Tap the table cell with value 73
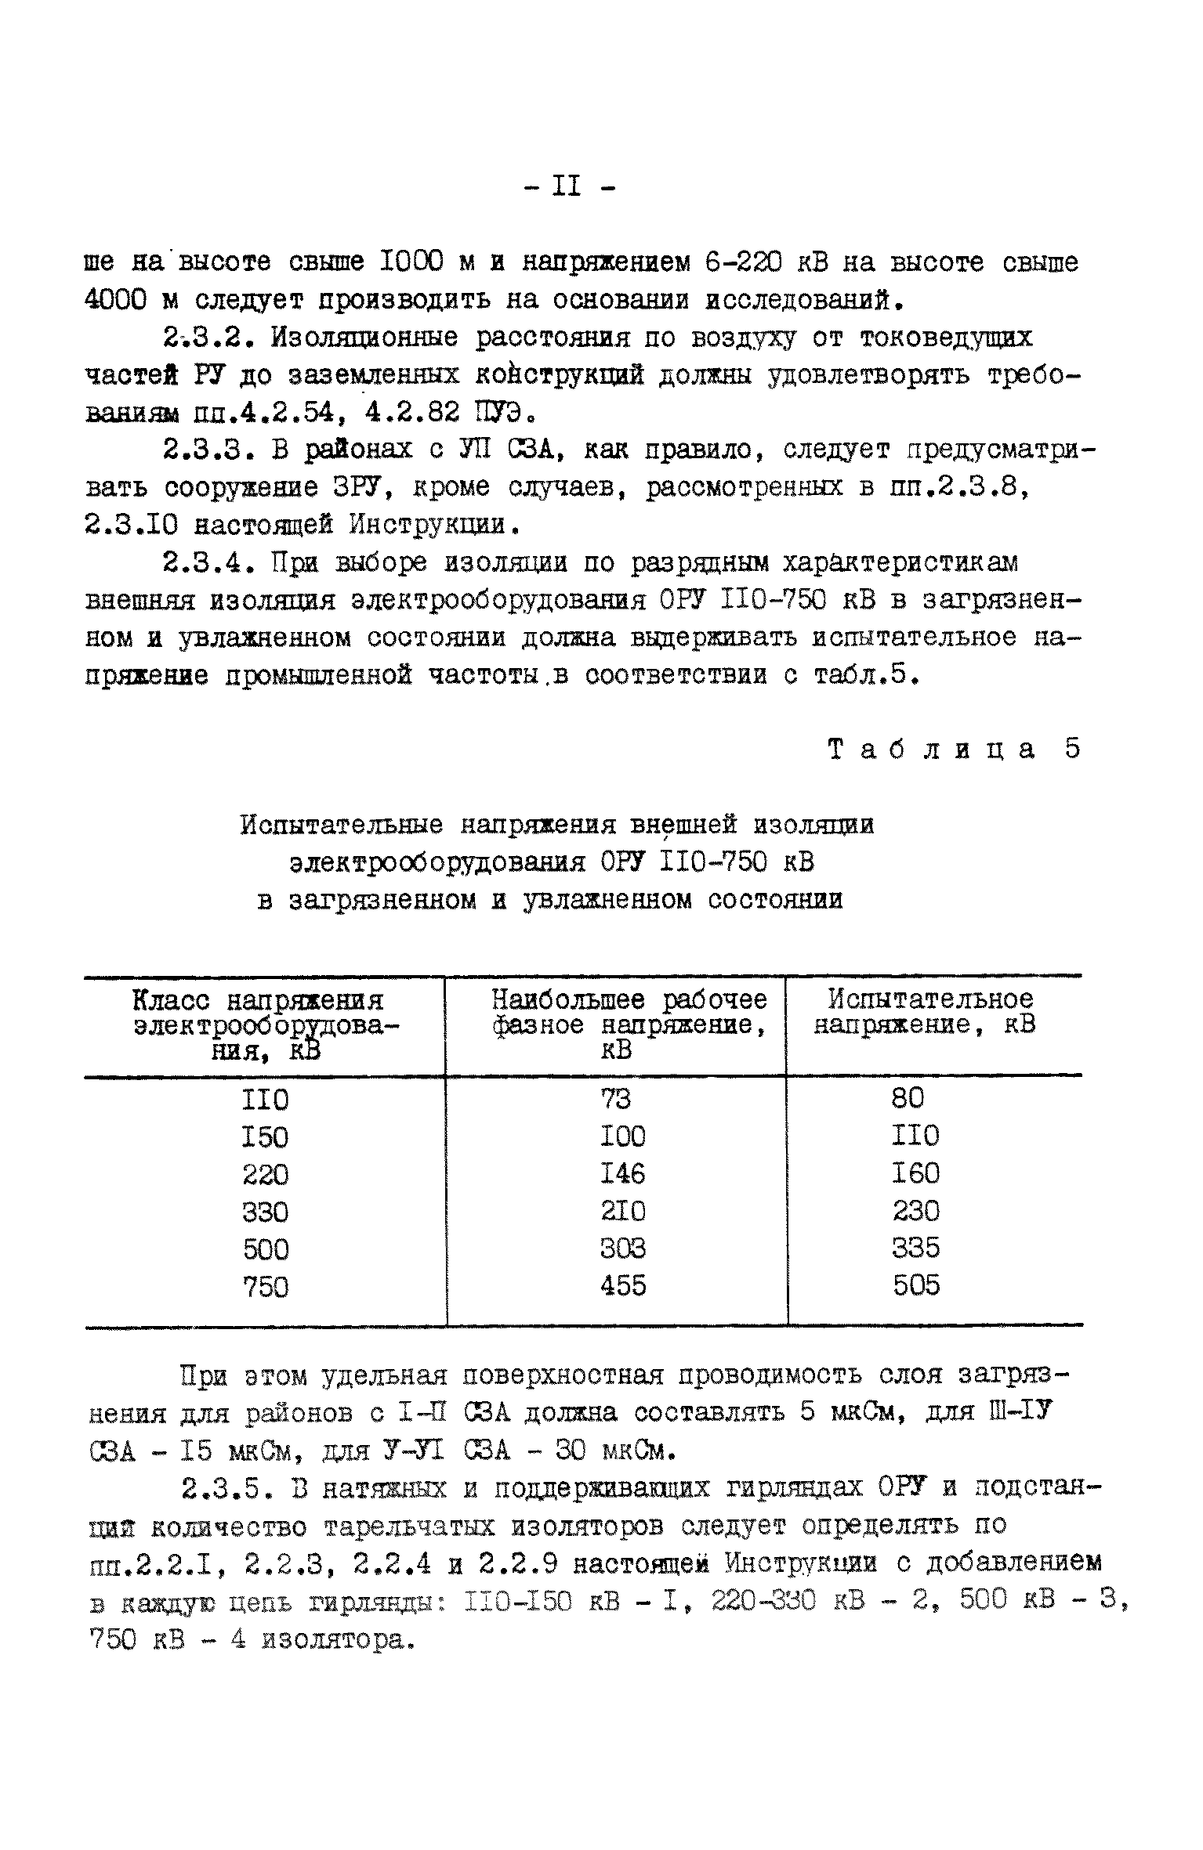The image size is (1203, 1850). click(615, 1100)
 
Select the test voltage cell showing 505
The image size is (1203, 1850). click(916, 1285)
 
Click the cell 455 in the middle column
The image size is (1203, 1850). click(623, 1285)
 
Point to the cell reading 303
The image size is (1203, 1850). click(623, 1248)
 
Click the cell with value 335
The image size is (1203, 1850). click(916, 1248)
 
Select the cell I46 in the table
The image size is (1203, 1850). click(623, 1173)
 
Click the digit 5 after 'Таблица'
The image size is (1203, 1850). click(1072, 749)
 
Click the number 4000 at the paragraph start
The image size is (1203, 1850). click(114, 300)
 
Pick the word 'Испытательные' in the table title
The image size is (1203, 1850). click(342, 826)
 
